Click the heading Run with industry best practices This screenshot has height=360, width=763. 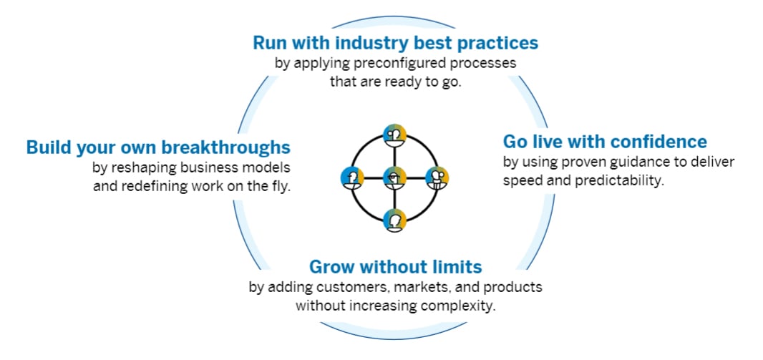[x=395, y=43]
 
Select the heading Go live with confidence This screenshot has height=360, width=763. [x=605, y=141]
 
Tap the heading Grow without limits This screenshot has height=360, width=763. [x=395, y=267]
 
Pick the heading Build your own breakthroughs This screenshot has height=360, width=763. [x=158, y=147]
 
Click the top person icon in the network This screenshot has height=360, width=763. [x=394, y=134]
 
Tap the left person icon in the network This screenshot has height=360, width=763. [x=351, y=177]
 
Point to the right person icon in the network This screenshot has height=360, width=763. [x=437, y=177]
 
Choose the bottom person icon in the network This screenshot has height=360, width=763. [x=394, y=220]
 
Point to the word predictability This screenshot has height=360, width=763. [x=621, y=180]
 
